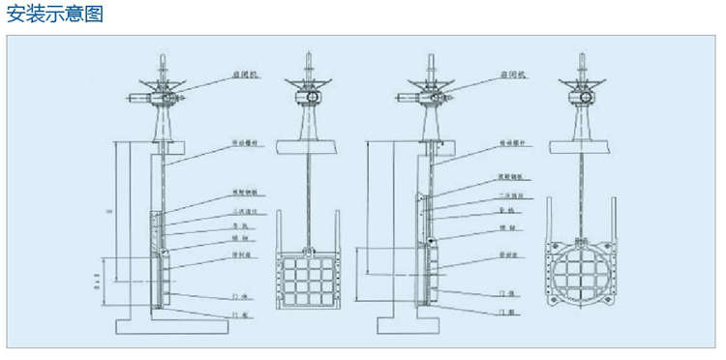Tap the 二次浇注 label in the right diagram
[x=508, y=194]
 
